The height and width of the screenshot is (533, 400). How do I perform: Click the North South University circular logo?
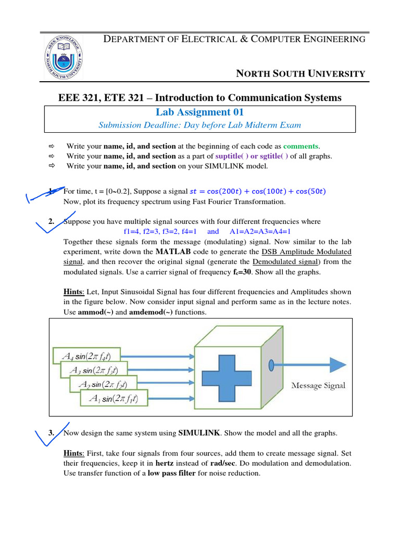tap(61, 58)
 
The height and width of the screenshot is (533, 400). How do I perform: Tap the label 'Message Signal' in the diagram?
tap(318, 386)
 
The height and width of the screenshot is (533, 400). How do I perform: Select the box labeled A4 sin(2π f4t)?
tap(86, 356)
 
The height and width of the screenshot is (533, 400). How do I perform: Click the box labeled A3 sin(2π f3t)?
tap(95, 370)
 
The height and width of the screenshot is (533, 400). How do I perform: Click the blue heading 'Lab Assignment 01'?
tap(199, 112)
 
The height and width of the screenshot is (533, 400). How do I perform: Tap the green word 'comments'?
tap(300, 146)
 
